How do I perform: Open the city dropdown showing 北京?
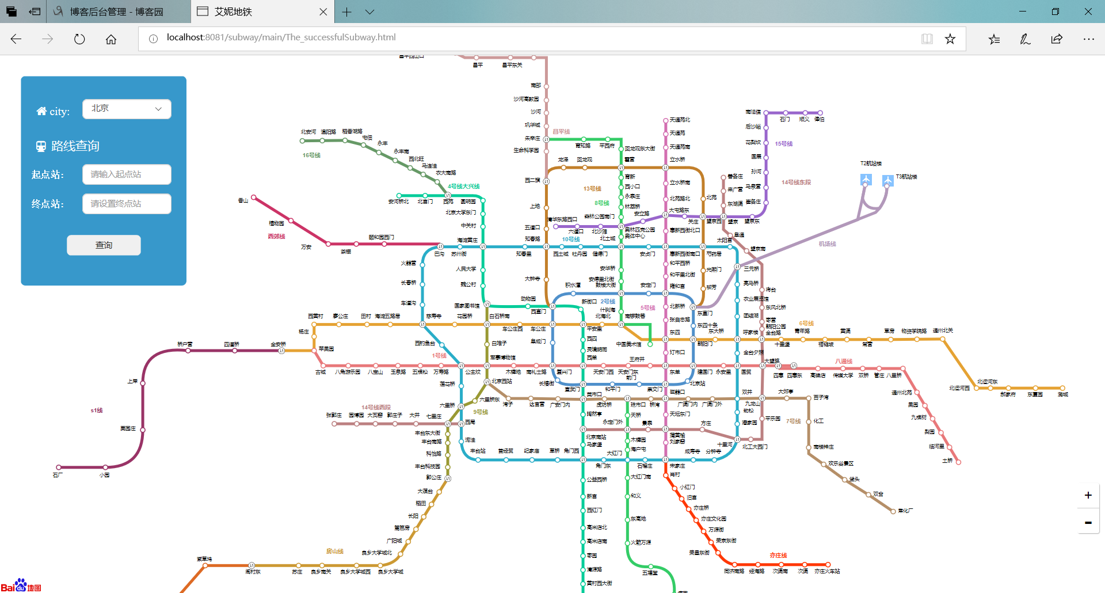click(127, 109)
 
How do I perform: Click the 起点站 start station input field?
click(127, 174)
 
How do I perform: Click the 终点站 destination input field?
click(127, 204)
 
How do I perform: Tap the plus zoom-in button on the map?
click(1088, 495)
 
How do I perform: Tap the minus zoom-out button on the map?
click(1088, 523)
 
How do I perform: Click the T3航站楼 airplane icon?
click(887, 180)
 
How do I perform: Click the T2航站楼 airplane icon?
click(866, 180)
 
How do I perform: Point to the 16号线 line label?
click(311, 155)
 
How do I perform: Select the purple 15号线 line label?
click(783, 144)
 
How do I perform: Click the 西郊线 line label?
click(276, 237)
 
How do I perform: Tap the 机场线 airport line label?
click(827, 244)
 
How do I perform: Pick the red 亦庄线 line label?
click(778, 556)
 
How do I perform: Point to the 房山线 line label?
click(334, 552)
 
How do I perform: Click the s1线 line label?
click(97, 410)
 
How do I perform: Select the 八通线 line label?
click(844, 362)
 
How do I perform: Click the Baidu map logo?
click(21, 586)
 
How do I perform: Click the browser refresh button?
click(79, 39)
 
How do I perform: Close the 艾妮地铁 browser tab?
click(323, 12)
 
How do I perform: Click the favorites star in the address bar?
click(950, 39)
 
